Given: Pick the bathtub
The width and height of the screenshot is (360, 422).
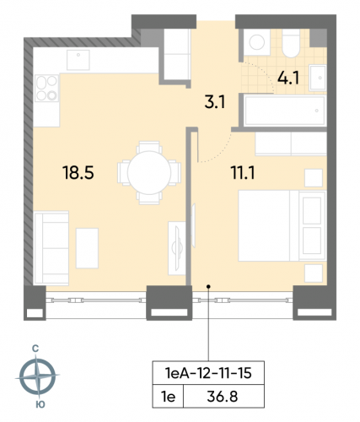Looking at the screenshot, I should [x=282, y=109].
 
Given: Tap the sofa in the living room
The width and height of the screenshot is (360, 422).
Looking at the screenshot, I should [x=50, y=243].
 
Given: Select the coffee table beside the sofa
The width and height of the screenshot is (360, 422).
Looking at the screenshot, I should [x=88, y=244].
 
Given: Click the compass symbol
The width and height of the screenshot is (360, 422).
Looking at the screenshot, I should [x=38, y=376].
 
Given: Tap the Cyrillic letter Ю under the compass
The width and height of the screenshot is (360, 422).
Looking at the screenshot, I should [x=38, y=406].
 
